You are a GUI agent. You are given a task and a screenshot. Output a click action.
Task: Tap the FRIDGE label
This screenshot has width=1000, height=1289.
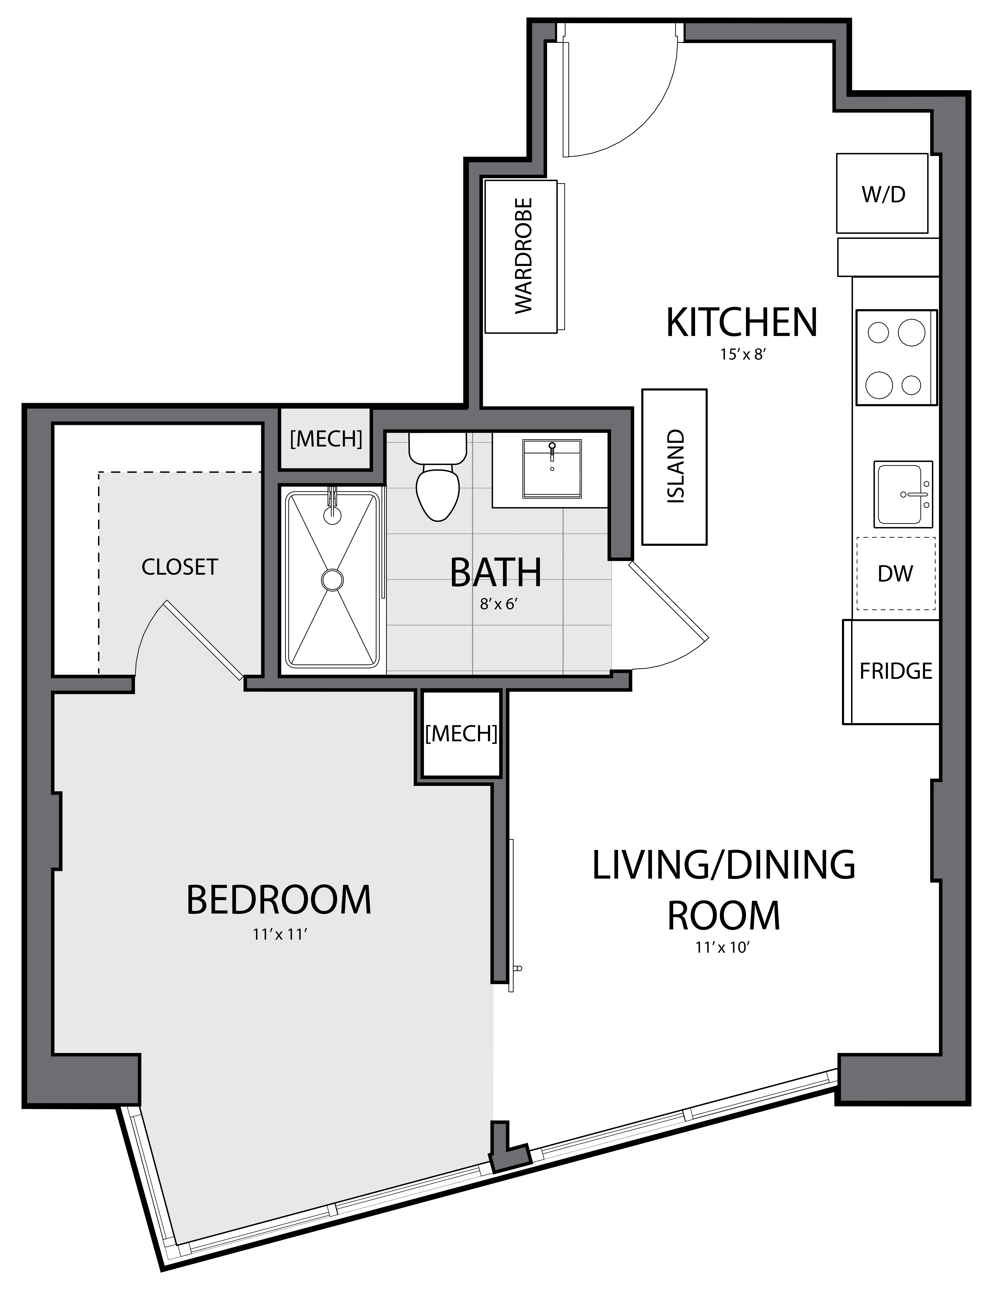(x=896, y=671)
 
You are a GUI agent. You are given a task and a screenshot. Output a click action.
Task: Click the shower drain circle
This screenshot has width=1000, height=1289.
(x=332, y=579)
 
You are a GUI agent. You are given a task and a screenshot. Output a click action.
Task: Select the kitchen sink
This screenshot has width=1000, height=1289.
(x=903, y=494)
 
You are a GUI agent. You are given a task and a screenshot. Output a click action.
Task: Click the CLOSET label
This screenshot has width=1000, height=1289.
(x=180, y=567)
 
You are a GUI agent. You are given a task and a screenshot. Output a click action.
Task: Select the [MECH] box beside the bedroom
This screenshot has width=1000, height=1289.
(x=461, y=734)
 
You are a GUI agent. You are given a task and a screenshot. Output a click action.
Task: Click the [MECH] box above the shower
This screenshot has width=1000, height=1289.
(x=326, y=439)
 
